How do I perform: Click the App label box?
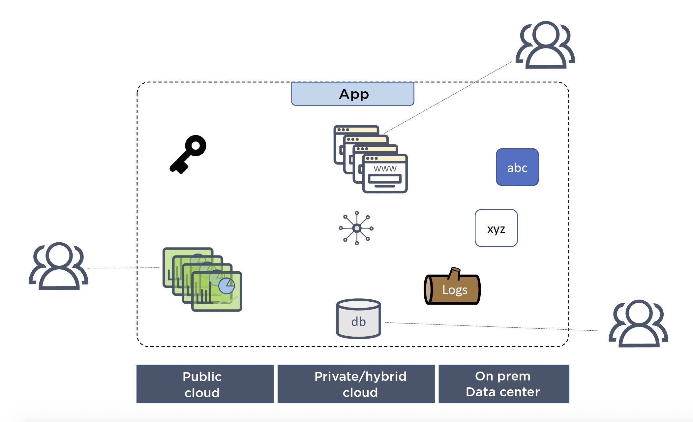coord(352,94)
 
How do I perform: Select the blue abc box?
coord(517,167)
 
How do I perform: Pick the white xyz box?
coord(496,228)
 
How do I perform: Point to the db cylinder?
coord(358,319)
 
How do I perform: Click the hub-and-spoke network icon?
coord(356,228)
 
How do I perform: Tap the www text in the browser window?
coord(385,168)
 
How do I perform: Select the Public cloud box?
coord(205,384)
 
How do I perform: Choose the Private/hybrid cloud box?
coord(356,384)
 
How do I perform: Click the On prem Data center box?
coord(503,384)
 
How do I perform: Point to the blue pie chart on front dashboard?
coord(226,286)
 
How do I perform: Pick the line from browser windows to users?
coord(448,97)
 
